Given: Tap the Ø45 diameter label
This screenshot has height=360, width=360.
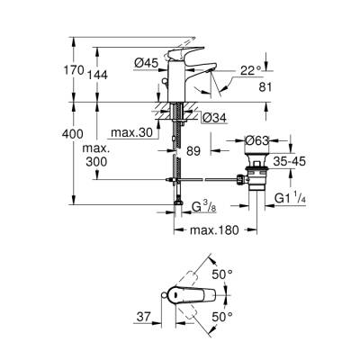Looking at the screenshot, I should point(148,62).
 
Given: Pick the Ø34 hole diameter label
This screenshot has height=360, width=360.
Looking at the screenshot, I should point(213,116).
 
